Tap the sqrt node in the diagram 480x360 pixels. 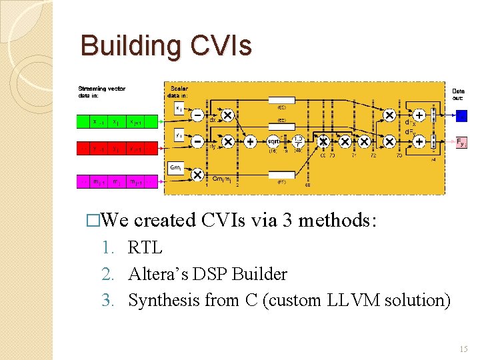point(273,142)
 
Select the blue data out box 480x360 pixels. point(461,115)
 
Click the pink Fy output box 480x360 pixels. point(461,142)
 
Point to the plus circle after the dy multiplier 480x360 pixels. point(250,142)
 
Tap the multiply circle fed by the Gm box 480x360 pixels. point(198,175)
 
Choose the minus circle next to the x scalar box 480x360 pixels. point(198,115)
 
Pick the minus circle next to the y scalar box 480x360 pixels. point(198,142)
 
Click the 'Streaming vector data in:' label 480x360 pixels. point(101,92)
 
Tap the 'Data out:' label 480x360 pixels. point(459,95)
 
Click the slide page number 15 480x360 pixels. point(463,349)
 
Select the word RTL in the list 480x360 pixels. point(145,247)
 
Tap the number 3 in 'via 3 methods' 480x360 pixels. point(290,220)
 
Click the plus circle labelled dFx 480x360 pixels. point(419,115)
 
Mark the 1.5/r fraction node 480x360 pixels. point(299,141)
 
